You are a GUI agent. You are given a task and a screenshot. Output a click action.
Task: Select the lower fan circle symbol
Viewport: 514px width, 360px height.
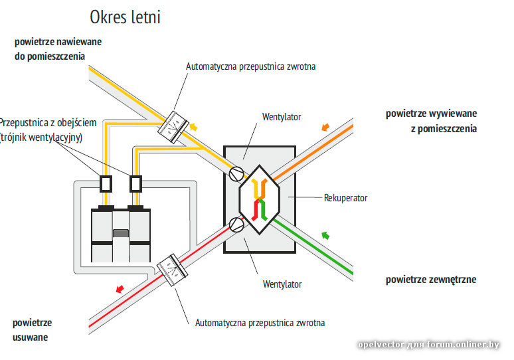[235, 224]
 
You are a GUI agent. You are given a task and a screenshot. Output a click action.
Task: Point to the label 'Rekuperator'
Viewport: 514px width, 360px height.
[345, 198]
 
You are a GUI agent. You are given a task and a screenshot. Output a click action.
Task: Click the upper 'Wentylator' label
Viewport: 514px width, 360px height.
[282, 117]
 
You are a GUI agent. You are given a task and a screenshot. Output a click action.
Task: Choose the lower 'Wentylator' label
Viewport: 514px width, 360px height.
[282, 284]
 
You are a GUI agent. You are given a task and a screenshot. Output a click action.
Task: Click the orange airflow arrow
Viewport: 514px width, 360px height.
[325, 126]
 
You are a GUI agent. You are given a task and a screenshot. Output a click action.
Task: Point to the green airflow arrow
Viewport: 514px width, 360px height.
[325, 234]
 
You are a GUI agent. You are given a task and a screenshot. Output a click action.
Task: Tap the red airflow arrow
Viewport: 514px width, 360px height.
[120, 288]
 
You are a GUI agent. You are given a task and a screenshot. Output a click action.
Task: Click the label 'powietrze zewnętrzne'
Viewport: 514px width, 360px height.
[430, 280]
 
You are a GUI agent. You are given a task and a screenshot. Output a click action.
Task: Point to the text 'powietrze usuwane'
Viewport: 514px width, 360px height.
[32, 330]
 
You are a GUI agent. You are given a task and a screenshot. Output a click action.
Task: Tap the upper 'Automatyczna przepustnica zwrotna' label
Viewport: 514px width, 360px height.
[250, 67]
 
